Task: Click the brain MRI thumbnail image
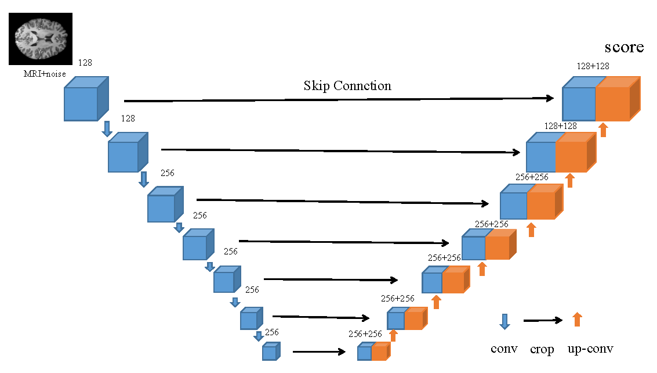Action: point(40,38)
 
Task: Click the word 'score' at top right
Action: point(624,47)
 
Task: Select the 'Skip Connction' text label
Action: point(347,86)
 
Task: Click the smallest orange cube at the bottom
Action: point(380,352)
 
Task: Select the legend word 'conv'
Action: point(504,349)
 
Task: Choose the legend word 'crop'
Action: point(542,350)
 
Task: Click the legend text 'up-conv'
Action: point(591,349)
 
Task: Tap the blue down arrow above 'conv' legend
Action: point(504,321)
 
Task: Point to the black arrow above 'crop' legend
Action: point(543,320)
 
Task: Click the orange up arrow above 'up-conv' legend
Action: point(577,319)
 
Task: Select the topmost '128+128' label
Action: point(593,67)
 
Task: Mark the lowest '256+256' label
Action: point(365,334)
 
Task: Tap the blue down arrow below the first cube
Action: point(107,128)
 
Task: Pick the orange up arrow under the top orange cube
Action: point(603,130)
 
